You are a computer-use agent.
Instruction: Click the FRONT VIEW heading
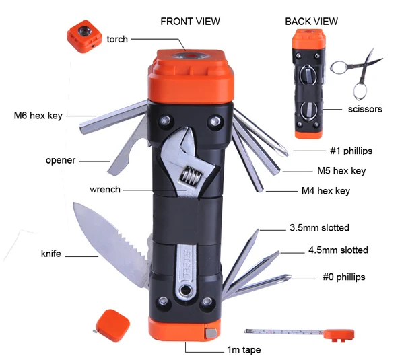click(190, 21)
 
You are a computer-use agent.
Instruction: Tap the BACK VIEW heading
click(310, 21)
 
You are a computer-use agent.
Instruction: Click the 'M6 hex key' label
click(38, 115)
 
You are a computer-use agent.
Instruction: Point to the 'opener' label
click(60, 160)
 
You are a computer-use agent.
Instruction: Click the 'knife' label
click(50, 254)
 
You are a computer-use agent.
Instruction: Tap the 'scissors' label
click(365, 108)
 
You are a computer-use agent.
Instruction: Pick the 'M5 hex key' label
click(341, 171)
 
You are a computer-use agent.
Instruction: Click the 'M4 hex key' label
click(326, 191)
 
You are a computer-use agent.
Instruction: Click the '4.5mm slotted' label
click(338, 250)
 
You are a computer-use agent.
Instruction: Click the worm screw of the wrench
click(193, 180)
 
